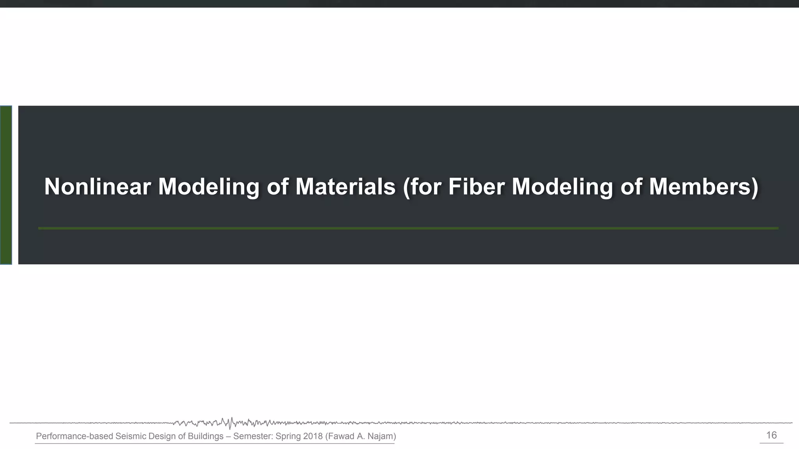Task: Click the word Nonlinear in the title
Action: [x=97, y=186]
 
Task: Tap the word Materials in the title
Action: [x=345, y=186]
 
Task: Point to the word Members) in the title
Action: [x=704, y=186]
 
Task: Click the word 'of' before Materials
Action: [x=277, y=186]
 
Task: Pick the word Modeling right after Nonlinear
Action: [x=209, y=186]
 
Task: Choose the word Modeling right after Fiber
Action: [x=562, y=186]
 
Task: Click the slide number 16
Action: [x=771, y=435]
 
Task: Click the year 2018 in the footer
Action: [x=313, y=436]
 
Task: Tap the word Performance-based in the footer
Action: [x=75, y=436]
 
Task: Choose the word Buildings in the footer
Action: [x=206, y=436]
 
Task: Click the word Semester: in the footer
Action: [x=253, y=436]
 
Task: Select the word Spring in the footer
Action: [x=288, y=436]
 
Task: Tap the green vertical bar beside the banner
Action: [x=6, y=185]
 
